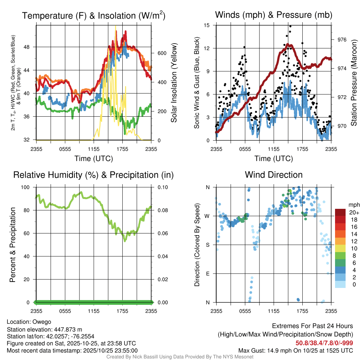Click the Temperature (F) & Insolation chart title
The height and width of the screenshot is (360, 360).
click(94, 15)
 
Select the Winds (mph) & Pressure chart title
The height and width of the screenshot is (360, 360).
click(274, 15)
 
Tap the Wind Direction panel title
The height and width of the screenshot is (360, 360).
click(274, 175)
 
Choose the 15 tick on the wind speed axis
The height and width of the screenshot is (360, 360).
click(207, 25)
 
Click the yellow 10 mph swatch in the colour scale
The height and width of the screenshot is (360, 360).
click(340, 255)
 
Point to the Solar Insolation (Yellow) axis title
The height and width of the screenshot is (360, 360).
click(174, 83)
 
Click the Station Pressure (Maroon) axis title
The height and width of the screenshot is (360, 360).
click(354, 83)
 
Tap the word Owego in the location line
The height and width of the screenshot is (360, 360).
click(42, 322)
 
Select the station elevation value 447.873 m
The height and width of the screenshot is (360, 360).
click(67, 329)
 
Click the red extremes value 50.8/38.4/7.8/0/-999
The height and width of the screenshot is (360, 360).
click(324, 343)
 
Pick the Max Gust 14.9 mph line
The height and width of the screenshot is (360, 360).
click(295, 350)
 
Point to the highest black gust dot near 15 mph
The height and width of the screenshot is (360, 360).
click(290, 26)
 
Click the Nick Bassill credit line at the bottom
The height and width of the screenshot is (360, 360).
click(180, 357)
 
